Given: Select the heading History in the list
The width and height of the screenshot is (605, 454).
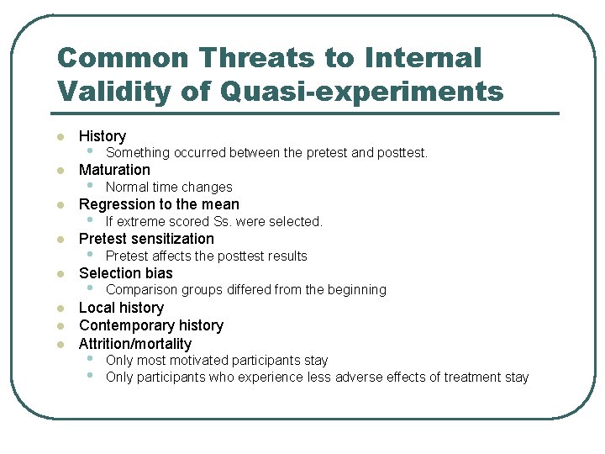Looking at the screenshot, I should pos(102,136).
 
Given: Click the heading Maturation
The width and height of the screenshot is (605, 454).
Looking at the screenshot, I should pos(114,170).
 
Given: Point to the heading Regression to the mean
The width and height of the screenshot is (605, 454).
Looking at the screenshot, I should pos(159,204).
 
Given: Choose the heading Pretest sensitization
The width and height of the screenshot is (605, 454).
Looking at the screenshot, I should pos(146,239).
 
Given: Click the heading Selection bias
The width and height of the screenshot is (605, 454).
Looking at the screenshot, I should pos(125,273).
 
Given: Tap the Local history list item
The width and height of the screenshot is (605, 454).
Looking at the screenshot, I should pos(121,308).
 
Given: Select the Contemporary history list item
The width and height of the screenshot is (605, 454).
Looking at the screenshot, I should pos(151,325).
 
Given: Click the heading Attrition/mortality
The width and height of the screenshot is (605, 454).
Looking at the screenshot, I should pos(135,344).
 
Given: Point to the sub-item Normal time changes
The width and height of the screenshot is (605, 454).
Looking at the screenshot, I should pos(169,187).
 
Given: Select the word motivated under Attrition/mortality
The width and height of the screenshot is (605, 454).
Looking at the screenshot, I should pos(199,361).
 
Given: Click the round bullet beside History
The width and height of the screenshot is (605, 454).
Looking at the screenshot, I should pos(60,137).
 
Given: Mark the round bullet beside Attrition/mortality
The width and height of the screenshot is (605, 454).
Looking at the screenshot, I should pos(60,345).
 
